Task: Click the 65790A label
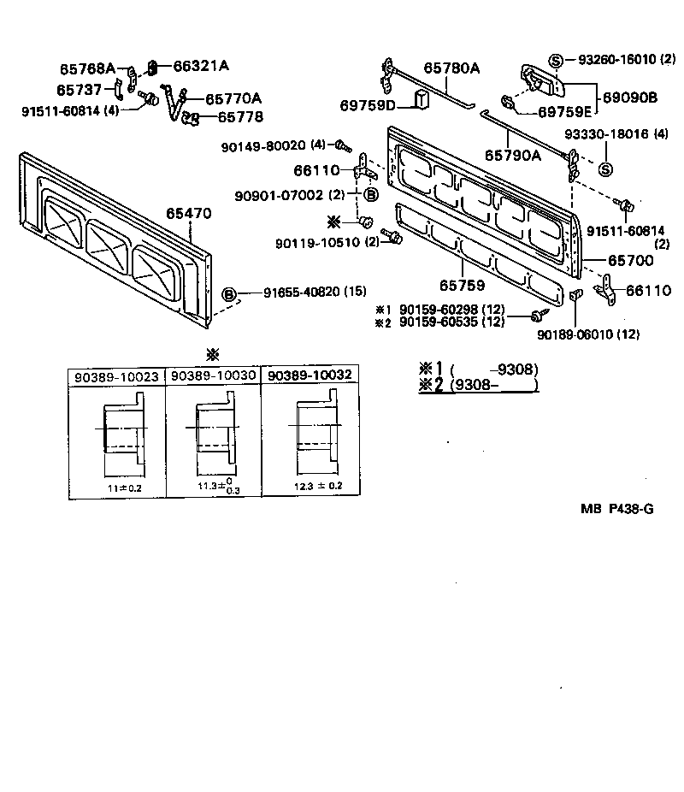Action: point(513,155)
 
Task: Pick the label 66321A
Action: point(201,66)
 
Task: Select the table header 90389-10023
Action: point(116,376)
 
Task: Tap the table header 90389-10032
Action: point(309,376)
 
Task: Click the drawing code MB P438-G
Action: point(617,509)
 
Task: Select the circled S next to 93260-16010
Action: point(557,60)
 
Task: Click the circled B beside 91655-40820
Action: point(229,294)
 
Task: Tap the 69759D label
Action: point(368,105)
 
